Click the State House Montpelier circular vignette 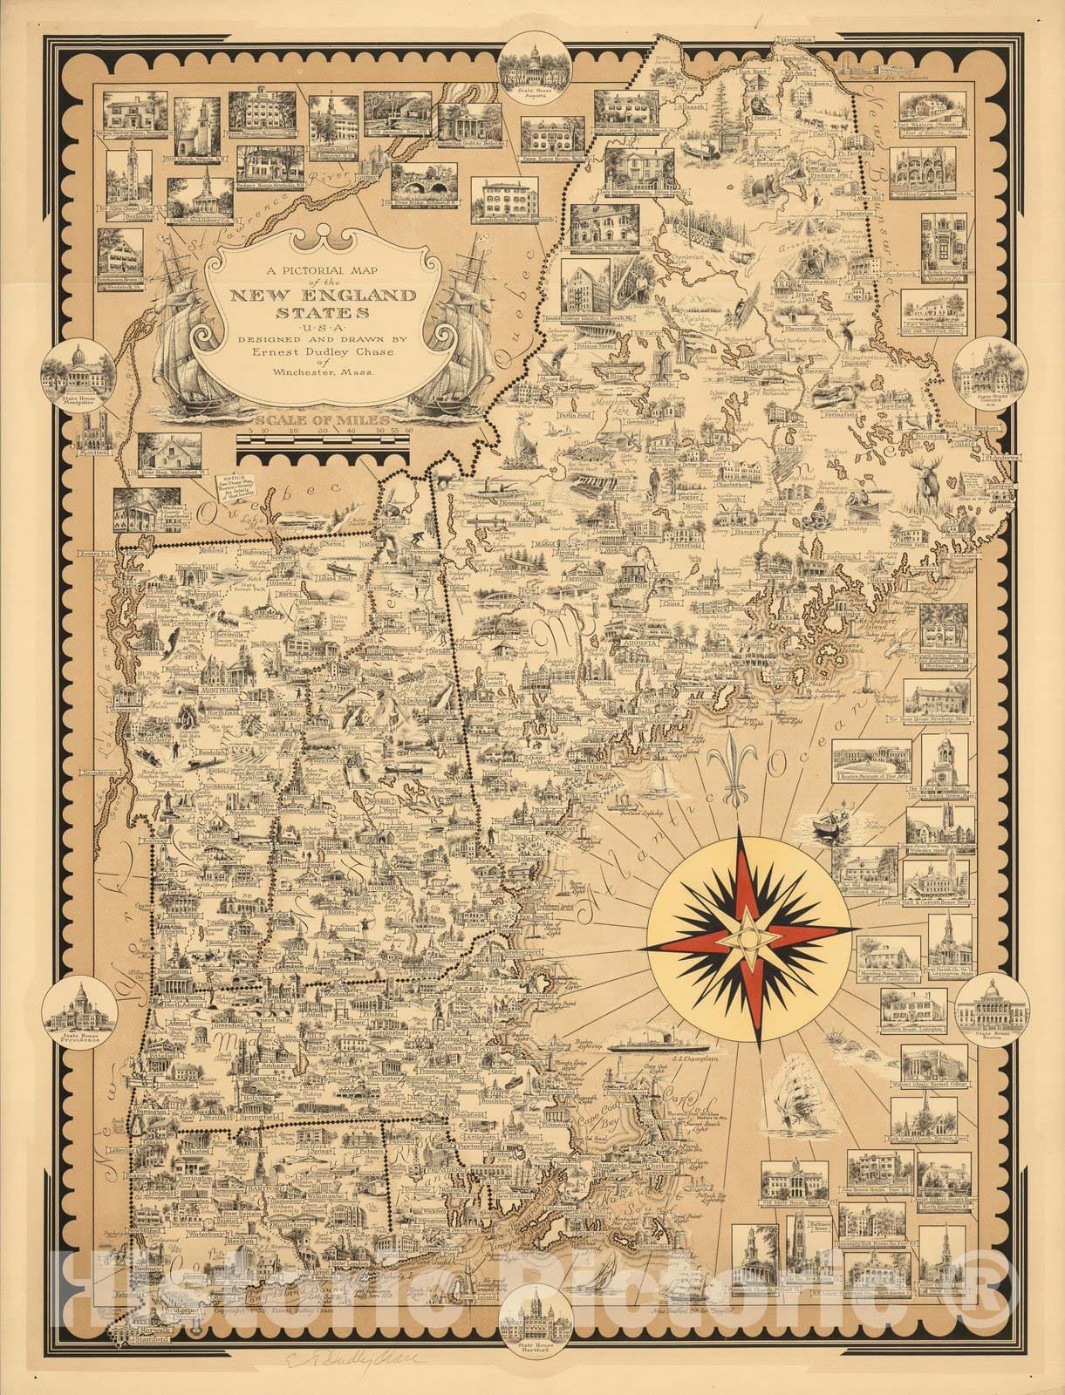point(71,370)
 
